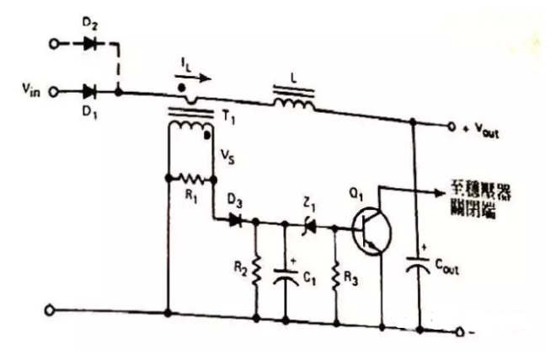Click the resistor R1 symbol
click(x=191, y=180)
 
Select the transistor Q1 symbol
click(x=367, y=228)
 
